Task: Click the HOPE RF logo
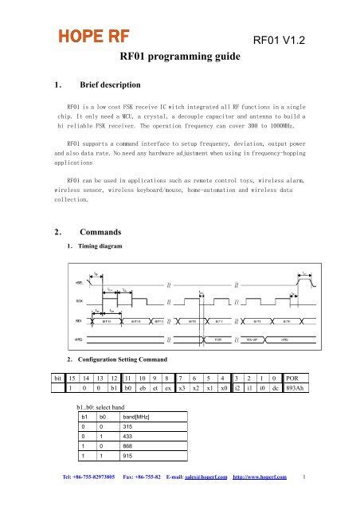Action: [x=88, y=37]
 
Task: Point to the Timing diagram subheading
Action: [x=99, y=246]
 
